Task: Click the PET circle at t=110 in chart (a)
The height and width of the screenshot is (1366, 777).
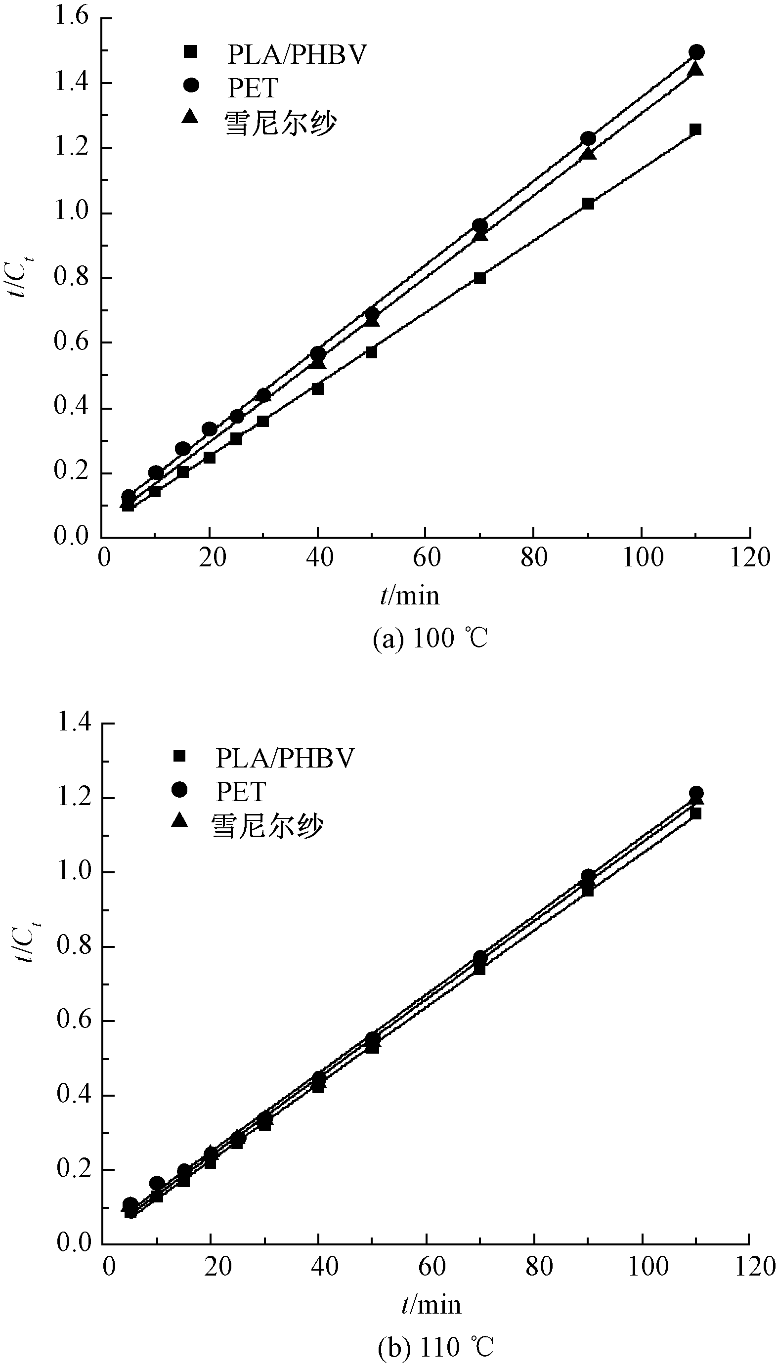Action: click(x=696, y=52)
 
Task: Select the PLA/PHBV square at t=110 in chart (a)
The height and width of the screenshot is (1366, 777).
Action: click(x=695, y=129)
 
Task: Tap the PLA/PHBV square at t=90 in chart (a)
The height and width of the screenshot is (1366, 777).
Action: click(x=588, y=203)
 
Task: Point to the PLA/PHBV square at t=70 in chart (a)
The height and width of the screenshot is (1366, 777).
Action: click(x=480, y=278)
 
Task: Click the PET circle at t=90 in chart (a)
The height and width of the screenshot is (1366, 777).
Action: click(x=588, y=139)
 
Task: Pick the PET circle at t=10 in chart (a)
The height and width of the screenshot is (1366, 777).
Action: click(x=156, y=472)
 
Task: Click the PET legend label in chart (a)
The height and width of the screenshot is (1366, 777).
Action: click(x=253, y=88)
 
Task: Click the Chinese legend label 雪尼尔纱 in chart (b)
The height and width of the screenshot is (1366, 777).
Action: click(x=267, y=826)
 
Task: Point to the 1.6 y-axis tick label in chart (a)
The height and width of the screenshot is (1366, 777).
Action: click(x=71, y=17)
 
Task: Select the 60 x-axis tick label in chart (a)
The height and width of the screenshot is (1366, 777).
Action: click(x=426, y=558)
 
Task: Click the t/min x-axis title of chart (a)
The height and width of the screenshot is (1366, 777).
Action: click(x=410, y=596)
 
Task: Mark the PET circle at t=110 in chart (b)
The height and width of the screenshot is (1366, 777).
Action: click(x=696, y=793)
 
